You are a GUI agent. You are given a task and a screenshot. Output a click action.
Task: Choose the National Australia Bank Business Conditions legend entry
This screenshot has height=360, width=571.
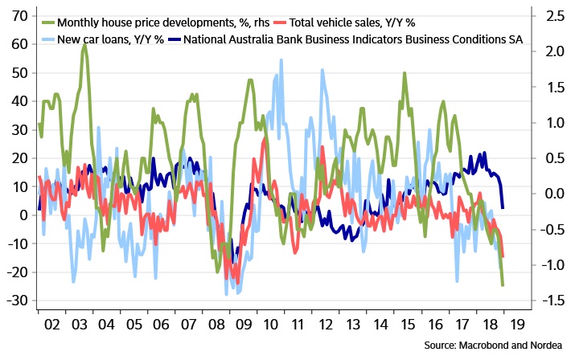point(354,39)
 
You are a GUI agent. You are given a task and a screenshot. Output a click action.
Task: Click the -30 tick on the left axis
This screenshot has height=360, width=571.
point(17,301)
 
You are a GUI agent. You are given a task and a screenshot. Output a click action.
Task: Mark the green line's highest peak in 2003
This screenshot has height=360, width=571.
point(84,45)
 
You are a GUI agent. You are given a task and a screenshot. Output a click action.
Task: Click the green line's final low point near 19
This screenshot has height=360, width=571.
point(503,285)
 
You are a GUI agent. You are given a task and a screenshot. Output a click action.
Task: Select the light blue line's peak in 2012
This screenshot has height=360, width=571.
point(322,69)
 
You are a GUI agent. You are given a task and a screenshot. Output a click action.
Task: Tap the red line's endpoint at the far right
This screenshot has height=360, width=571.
point(503,256)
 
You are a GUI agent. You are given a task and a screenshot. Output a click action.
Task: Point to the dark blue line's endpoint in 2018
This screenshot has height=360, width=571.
point(503,208)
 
